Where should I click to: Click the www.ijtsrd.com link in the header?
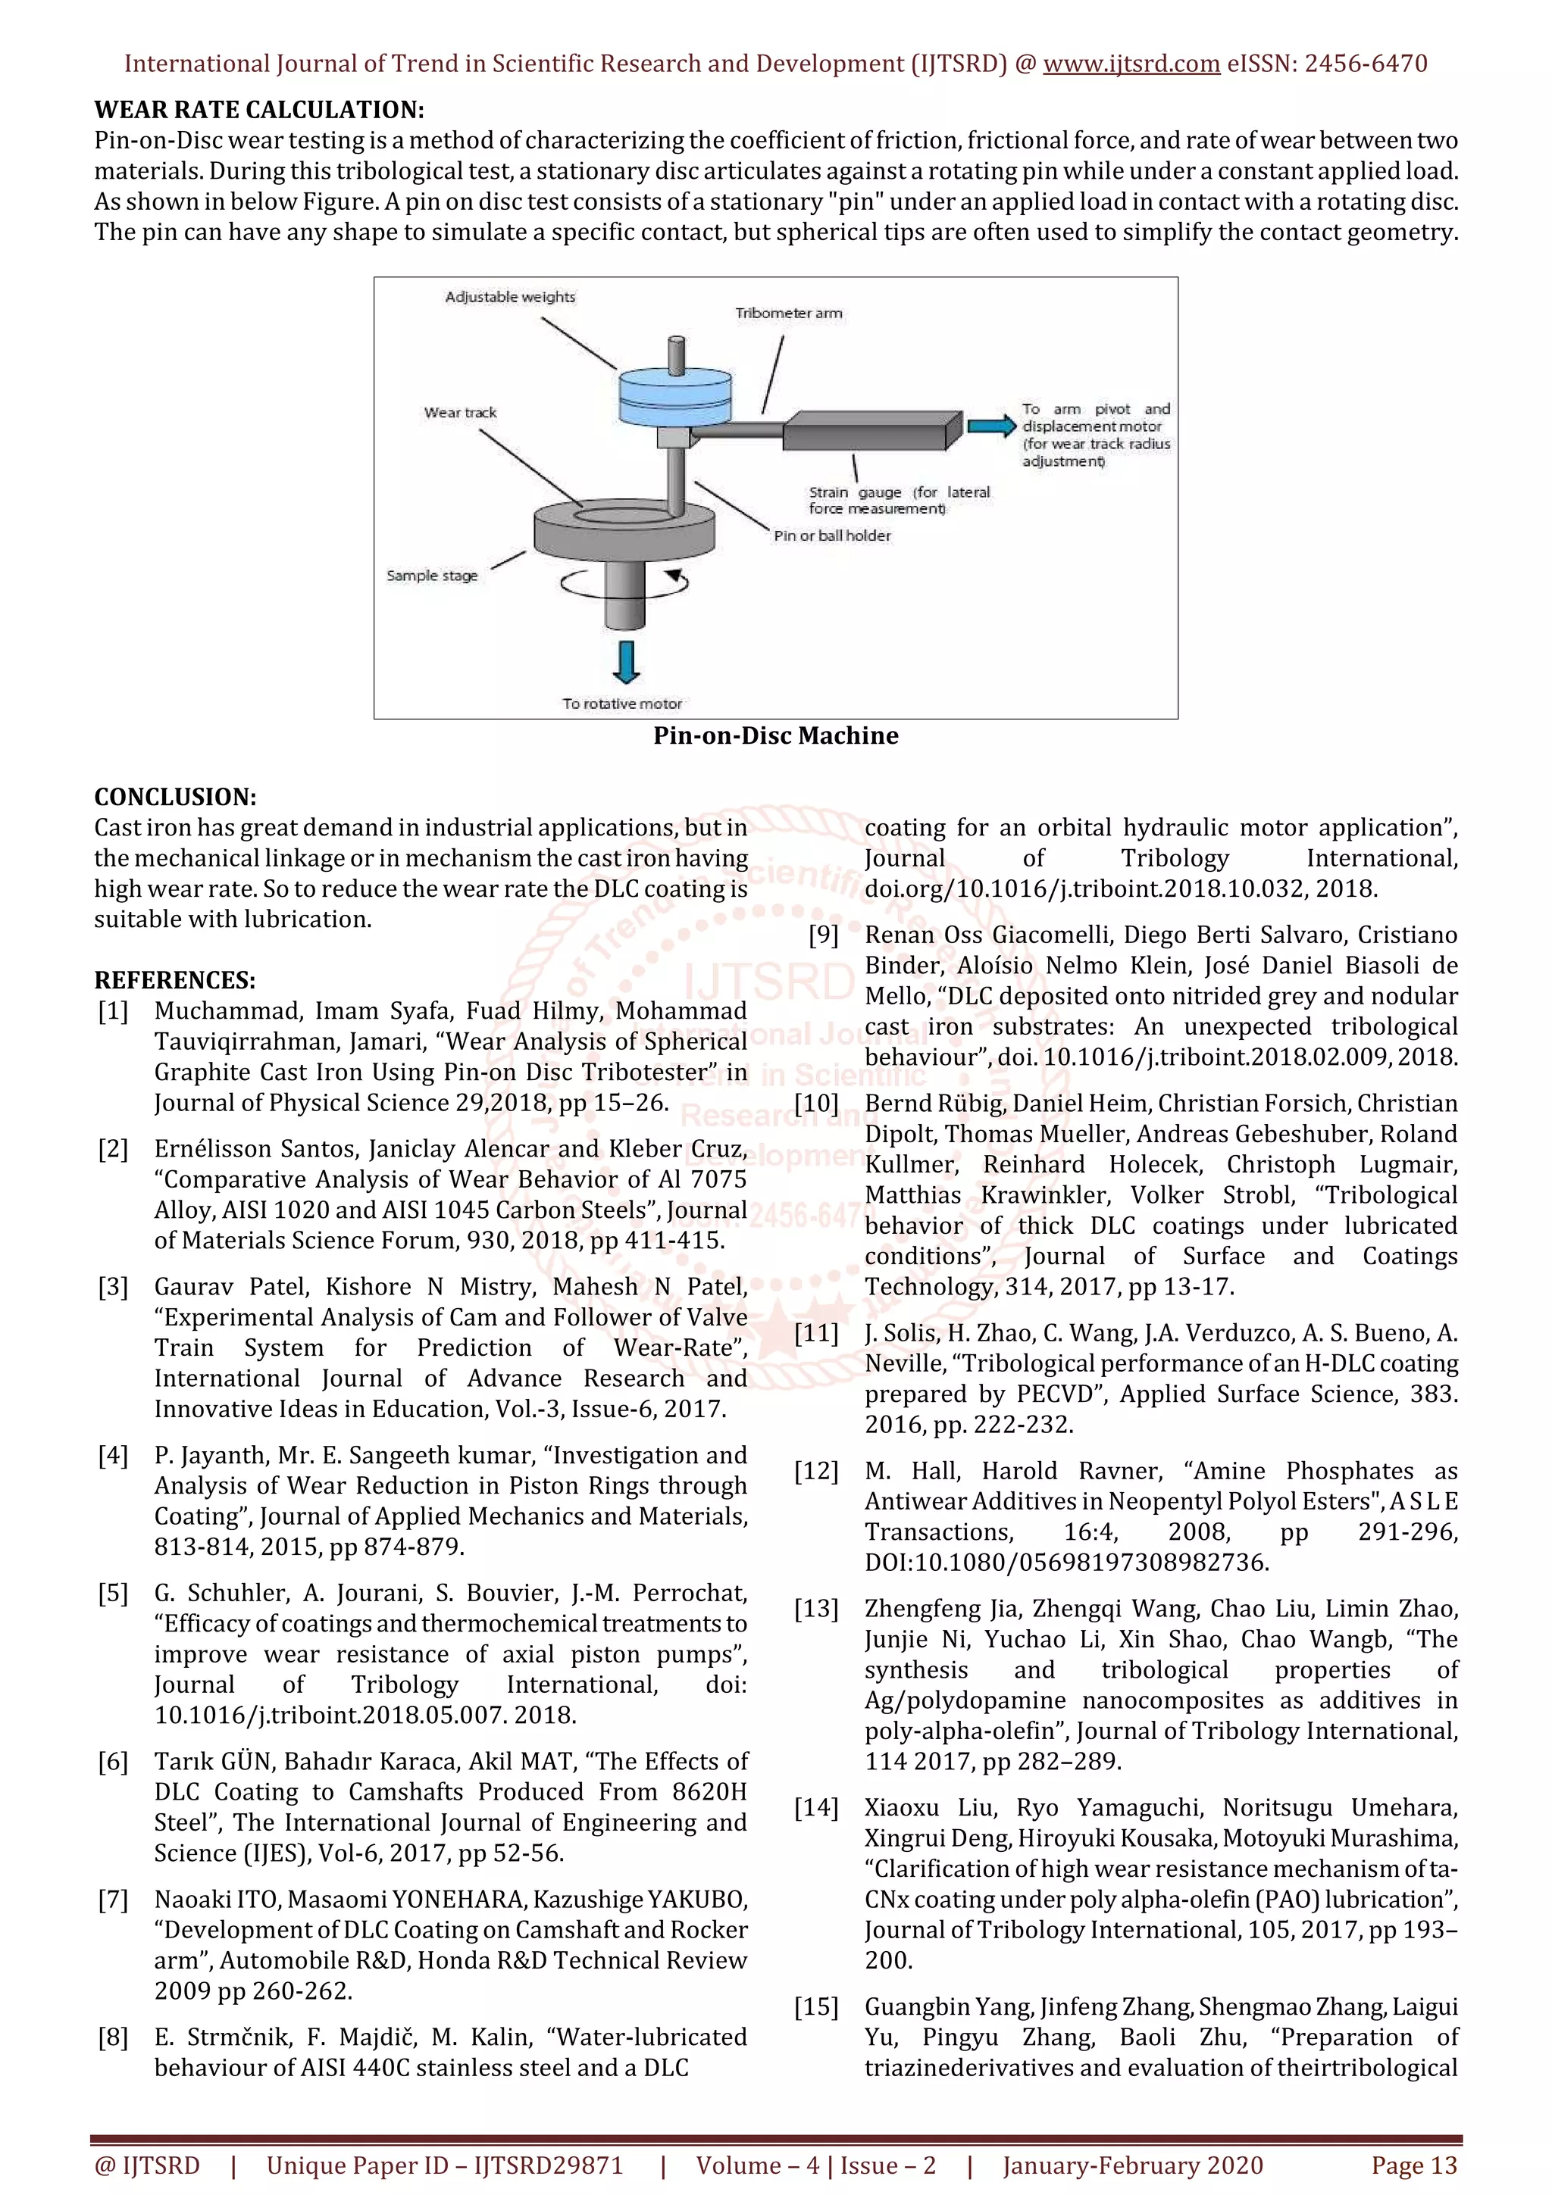[x=1131, y=64]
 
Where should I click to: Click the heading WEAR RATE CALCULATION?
[x=259, y=109]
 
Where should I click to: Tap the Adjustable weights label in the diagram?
[x=510, y=298]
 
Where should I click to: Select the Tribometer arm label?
[x=788, y=314]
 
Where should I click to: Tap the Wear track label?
[x=460, y=413]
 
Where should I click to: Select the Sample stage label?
[x=431, y=576]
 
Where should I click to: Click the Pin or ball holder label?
[x=832, y=535]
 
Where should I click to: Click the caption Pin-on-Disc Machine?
[x=775, y=735]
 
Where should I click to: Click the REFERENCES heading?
[x=175, y=980]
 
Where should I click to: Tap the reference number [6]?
[x=113, y=1761]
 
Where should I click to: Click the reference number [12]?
[x=815, y=1470]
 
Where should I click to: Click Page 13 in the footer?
[x=1413, y=2165]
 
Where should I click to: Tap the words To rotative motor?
[x=621, y=704]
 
